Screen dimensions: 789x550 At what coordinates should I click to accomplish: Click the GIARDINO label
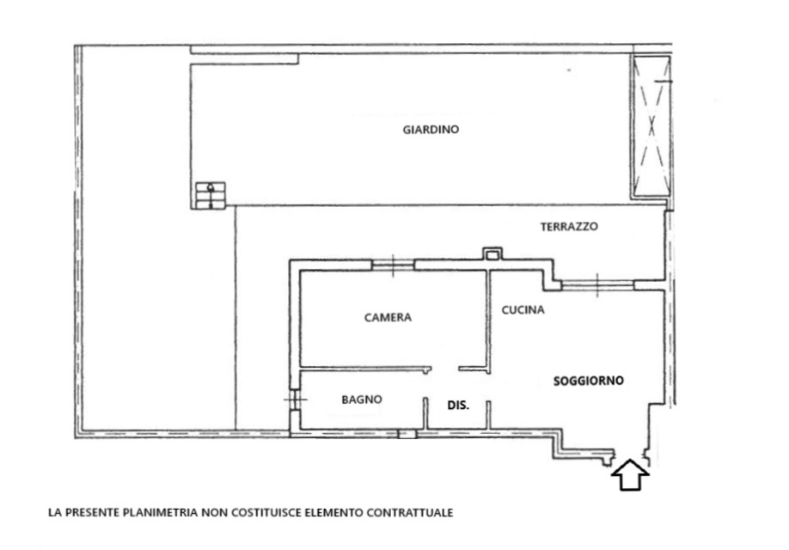(x=431, y=129)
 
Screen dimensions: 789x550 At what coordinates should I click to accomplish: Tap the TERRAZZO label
(x=569, y=226)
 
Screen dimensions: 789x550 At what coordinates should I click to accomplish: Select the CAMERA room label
(x=388, y=317)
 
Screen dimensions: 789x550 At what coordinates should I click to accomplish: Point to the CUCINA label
(x=523, y=310)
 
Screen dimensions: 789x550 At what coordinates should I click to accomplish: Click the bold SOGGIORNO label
(x=588, y=381)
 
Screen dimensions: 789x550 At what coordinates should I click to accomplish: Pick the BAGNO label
(x=361, y=400)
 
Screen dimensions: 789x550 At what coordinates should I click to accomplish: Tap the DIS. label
(x=458, y=405)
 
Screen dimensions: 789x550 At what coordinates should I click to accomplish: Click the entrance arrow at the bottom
(x=630, y=474)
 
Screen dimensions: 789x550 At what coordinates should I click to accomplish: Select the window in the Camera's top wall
(x=393, y=264)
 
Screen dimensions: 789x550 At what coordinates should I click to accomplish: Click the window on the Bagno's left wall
(x=295, y=400)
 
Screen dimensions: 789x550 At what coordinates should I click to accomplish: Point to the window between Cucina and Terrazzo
(x=597, y=285)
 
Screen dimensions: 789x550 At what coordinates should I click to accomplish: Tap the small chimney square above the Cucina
(x=492, y=254)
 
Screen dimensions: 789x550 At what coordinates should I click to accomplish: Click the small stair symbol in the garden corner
(x=211, y=195)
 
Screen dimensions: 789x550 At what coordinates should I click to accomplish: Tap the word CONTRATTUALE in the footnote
(x=410, y=513)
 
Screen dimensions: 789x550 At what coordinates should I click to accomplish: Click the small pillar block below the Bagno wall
(x=407, y=434)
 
